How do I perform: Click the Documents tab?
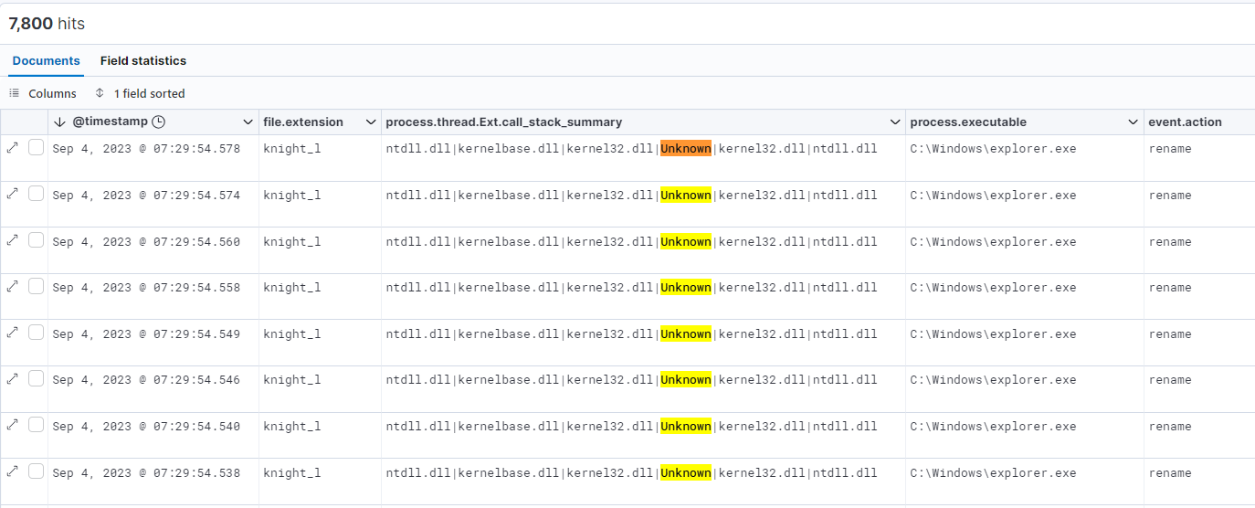(x=46, y=60)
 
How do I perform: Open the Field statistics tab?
(x=142, y=60)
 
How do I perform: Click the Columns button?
(x=43, y=93)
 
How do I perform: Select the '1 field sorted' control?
(x=140, y=93)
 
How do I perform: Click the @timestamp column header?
(x=111, y=122)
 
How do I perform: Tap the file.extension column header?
(x=303, y=122)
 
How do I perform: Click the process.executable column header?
(x=968, y=122)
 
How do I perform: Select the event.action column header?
(x=1185, y=122)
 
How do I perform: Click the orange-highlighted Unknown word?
(x=686, y=149)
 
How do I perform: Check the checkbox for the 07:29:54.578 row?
(x=36, y=147)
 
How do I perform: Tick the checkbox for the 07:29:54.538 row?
(x=36, y=471)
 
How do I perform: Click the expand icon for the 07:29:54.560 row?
(x=12, y=240)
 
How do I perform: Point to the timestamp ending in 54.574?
(x=146, y=196)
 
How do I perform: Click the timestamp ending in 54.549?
(x=146, y=334)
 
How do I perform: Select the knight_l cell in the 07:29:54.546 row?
(x=292, y=380)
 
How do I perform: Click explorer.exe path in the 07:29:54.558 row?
(x=993, y=288)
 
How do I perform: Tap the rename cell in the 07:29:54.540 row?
(x=1170, y=427)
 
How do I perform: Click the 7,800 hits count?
(x=47, y=24)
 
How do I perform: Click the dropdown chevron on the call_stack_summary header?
(x=895, y=122)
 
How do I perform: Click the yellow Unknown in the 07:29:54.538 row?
(x=686, y=472)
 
